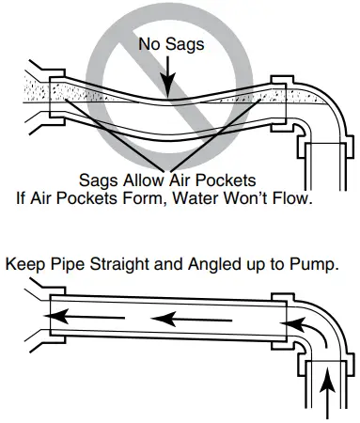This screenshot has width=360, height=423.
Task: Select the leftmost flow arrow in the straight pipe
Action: coord(85,318)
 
